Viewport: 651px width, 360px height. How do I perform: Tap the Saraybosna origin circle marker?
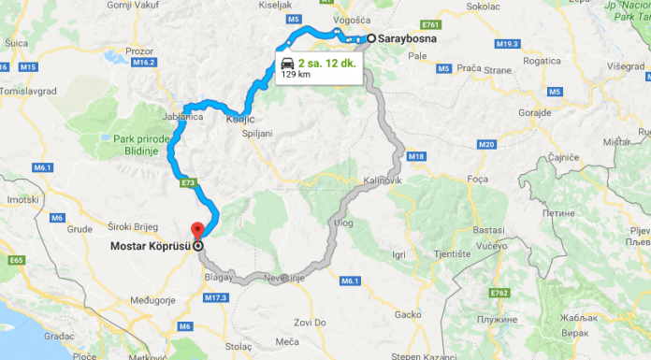(x=371, y=38)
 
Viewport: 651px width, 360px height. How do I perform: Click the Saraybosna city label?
(x=407, y=38)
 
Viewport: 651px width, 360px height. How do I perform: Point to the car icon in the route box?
(x=286, y=63)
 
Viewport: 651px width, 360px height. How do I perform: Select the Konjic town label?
(x=239, y=120)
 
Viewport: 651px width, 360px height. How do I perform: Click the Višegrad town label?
(x=626, y=67)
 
